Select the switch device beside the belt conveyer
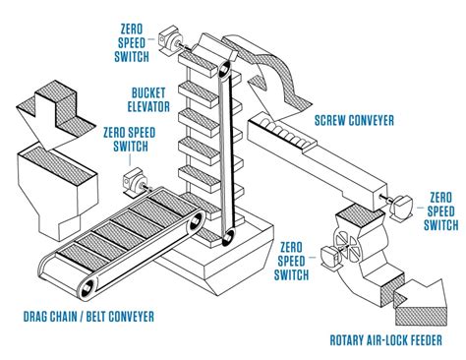(x=132, y=184)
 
